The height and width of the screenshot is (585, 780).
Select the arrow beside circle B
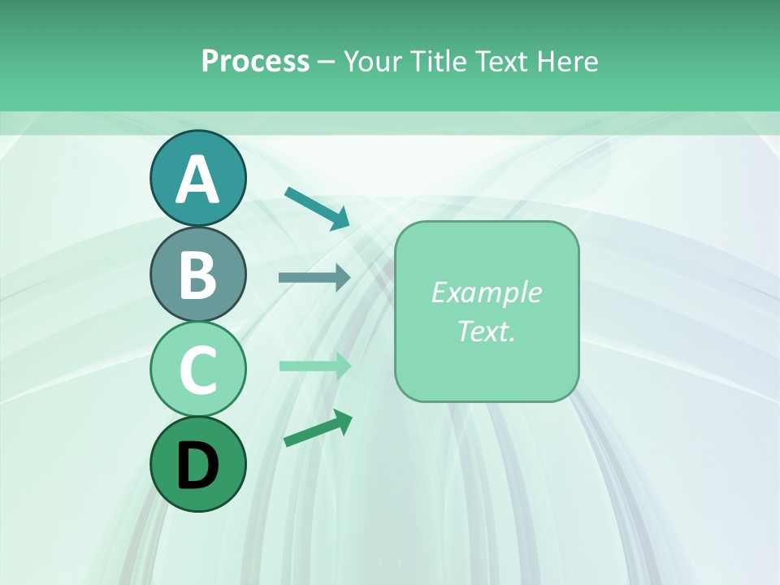[314, 278]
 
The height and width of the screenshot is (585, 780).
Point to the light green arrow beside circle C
[315, 366]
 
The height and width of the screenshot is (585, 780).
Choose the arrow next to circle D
[318, 428]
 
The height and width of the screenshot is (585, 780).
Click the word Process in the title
[255, 62]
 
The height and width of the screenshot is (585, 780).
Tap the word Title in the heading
[436, 62]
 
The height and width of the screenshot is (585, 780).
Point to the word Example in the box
[486, 292]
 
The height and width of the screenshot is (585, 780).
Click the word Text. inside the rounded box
[486, 331]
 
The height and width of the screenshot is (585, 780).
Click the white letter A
[197, 180]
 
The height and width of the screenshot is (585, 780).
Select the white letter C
[197, 370]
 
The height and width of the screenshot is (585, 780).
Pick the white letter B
[197, 275]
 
